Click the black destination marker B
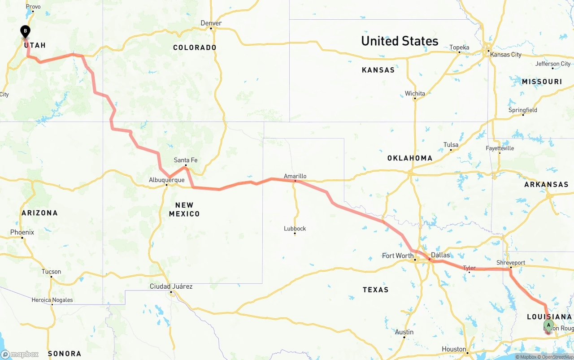click(26, 31)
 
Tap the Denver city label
click(211, 23)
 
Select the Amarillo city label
click(295, 176)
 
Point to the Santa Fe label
click(186, 160)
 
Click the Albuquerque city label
click(166, 180)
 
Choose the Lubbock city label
click(295, 229)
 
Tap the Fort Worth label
click(397, 256)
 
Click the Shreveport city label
click(510, 263)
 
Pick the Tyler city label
click(469, 268)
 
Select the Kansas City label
click(506, 55)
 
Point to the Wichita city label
click(415, 94)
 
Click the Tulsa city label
click(451, 145)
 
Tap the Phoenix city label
click(22, 232)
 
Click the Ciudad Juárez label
click(171, 286)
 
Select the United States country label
click(400, 41)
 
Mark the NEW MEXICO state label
click(184, 209)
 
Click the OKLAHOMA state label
click(410, 158)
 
